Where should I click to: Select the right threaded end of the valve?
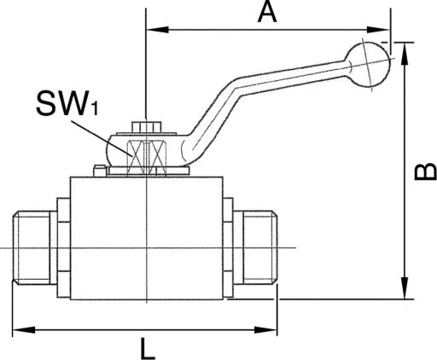261,248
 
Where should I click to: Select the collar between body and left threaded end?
63,248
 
